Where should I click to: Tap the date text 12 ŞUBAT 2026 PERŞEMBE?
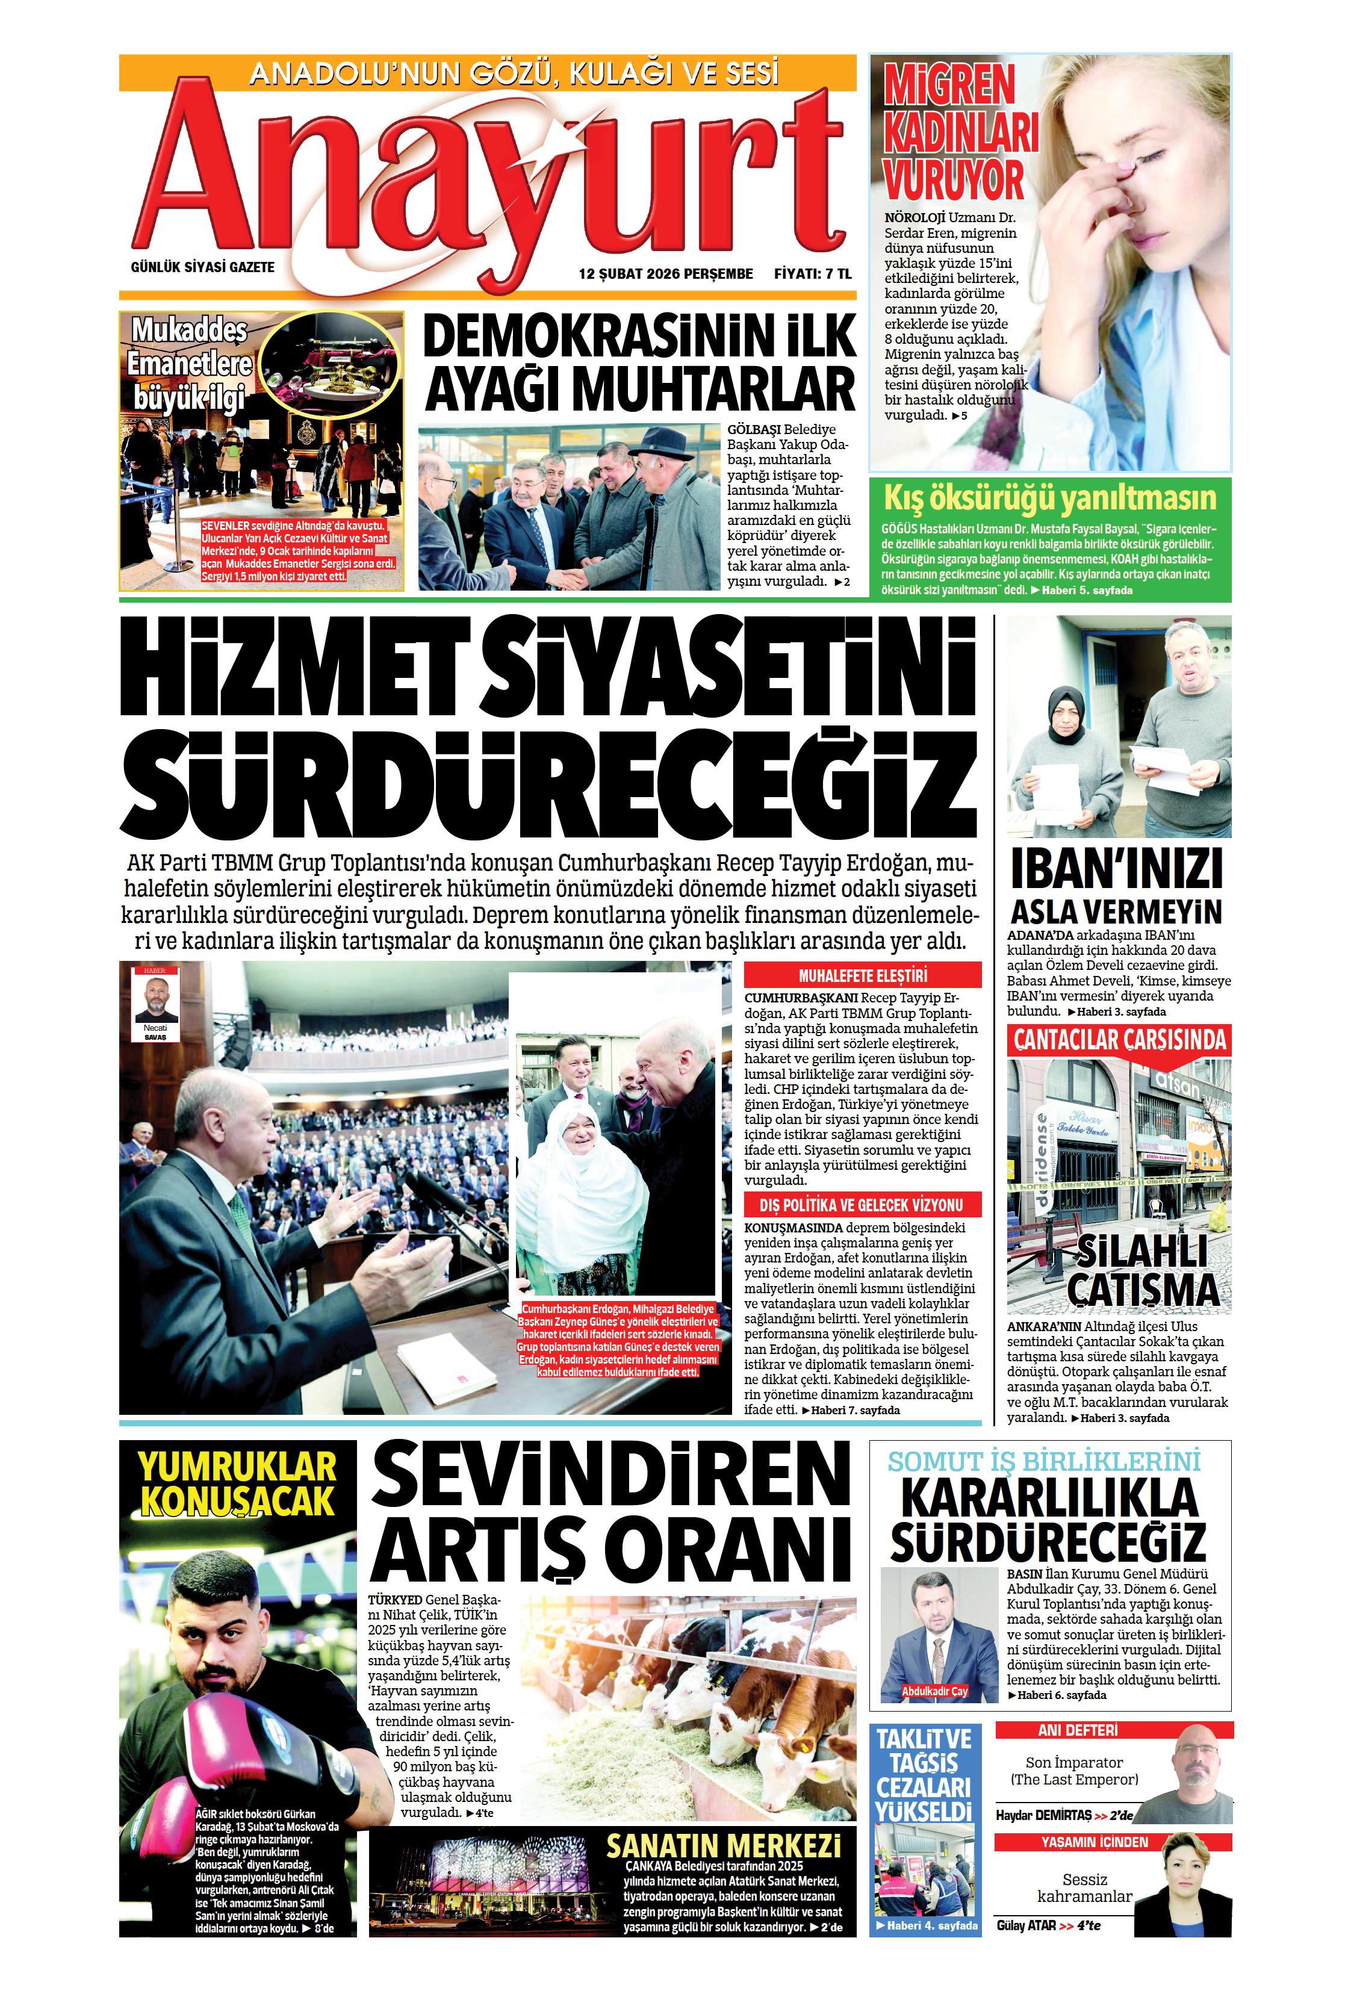pos(666,274)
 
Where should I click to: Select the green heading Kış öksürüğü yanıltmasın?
pos(1049,498)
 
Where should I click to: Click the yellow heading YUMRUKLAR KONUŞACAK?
pos(237,1484)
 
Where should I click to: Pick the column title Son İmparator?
pos(1073,1762)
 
